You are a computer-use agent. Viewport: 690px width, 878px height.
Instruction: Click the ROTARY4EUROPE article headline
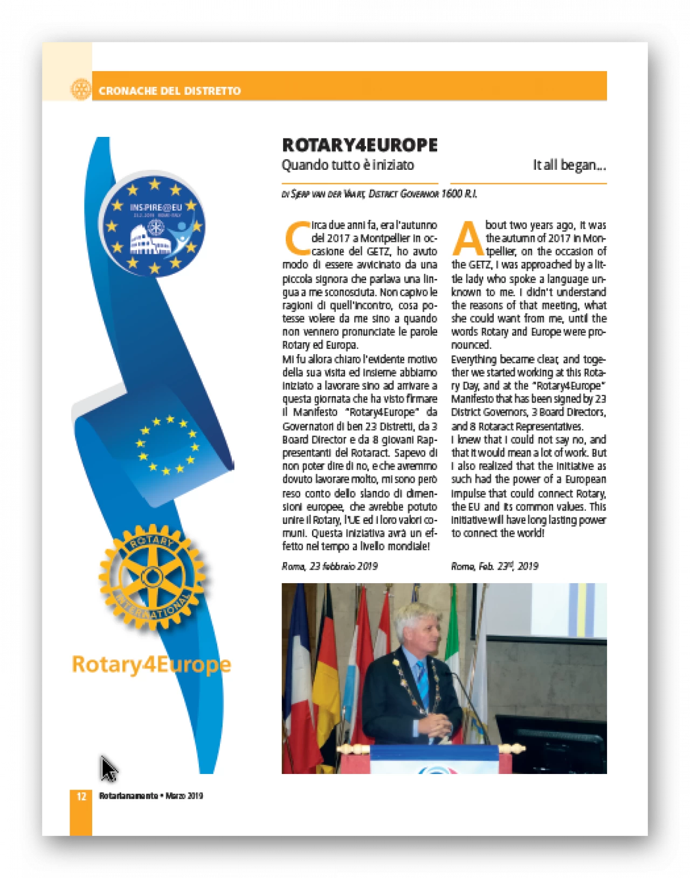[x=360, y=145]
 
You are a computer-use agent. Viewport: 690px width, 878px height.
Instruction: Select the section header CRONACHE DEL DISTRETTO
[x=169, y=91]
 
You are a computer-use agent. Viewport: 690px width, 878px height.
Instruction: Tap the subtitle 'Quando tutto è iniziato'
[x=348, y=164]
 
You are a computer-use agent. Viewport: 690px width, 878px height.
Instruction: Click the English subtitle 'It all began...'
[x=569, y=164]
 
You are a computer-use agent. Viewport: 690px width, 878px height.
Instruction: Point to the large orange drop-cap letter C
[x=296, y=239]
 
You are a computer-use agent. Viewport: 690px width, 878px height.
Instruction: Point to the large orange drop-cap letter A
[x=467, y=239]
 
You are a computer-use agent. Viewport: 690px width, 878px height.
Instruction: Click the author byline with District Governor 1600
[x=379, y=193]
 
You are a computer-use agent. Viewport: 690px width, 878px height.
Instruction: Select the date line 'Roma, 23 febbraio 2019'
[x=329, y=566]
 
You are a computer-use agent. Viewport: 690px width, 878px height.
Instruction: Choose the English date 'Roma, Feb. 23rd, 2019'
[x=494, y=566]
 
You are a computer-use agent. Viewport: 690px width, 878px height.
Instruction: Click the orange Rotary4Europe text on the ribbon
[x=151, y=664]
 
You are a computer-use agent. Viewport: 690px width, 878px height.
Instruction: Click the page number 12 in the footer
[x=81, y=796]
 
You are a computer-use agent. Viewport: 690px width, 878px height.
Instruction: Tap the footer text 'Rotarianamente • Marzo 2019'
[x=150, y=796]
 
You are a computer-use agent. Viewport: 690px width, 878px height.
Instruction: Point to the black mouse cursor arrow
[x=108, y=768]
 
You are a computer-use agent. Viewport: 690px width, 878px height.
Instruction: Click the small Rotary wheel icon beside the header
[x=81, y=89]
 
